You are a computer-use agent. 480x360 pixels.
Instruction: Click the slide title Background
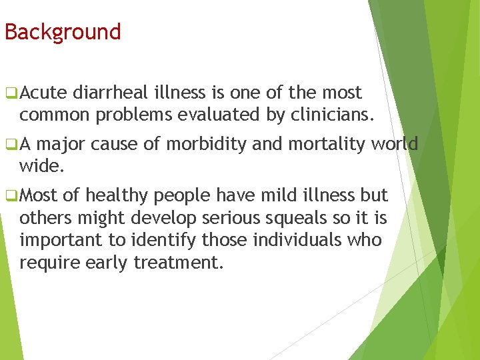click(x=63, y=32)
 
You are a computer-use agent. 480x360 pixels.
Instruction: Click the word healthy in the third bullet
click(x=117, y=195)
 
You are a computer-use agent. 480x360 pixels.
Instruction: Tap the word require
click(x=49, y=262)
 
